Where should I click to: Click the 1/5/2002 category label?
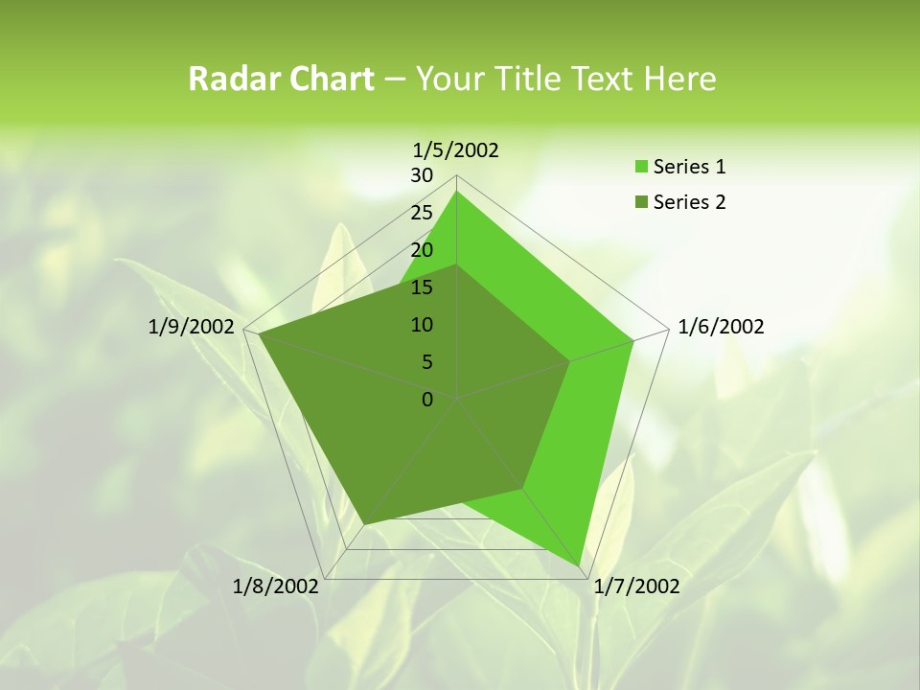point(456,149)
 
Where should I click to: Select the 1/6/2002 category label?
point(721,327)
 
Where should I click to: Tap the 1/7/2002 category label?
point(636,586)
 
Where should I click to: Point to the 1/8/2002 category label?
point(276,586)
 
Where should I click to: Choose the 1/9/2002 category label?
point(192,327)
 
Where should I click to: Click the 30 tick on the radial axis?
point(422,175)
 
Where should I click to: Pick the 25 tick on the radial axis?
point(422,213)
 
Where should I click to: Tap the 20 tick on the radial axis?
point(422,250)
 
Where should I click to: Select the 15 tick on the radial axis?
point(422,287)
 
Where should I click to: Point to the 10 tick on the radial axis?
point(422,325)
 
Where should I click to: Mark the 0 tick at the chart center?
point(427,400)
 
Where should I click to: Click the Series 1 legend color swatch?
point(641,168)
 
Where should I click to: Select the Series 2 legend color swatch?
point(641,202)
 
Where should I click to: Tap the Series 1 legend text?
point(690,167)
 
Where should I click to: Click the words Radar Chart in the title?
point(281,79)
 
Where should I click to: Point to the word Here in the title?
point(680,79)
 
